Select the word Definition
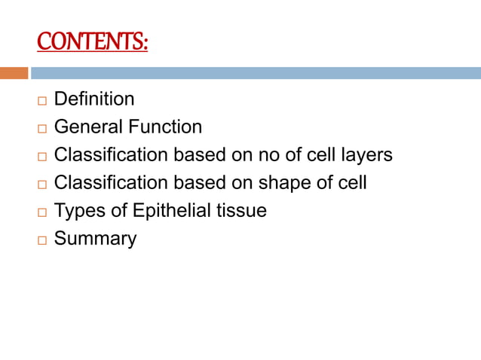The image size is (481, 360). click(x=94, y=99)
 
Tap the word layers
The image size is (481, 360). click(x=366, y=155)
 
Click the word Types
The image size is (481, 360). click(x=79, y=211)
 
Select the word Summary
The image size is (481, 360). click(x=95, y=239)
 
